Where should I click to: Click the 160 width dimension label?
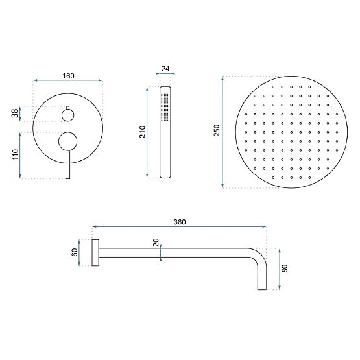pyautogui.click(x=68, y=76)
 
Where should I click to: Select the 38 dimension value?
pyautogui.click(x=14, y=114)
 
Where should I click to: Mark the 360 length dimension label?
pyautogui.click(x=180, y=222)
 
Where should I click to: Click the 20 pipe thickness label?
pyautogui.click(x=156, y=243)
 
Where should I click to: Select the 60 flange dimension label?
pyautogui.click(x=75, y=252)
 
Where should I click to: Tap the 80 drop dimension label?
pyautogui.click(x=285, y=267)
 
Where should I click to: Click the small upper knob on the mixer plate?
pyautogui.click(x=68, y=115)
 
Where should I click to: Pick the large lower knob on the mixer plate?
pyautogui.click(x=67, y=141)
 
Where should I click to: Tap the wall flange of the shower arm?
pyautogui.click(x=95, y=252)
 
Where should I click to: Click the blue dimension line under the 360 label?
pyautogui.click(x=180, y=228)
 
